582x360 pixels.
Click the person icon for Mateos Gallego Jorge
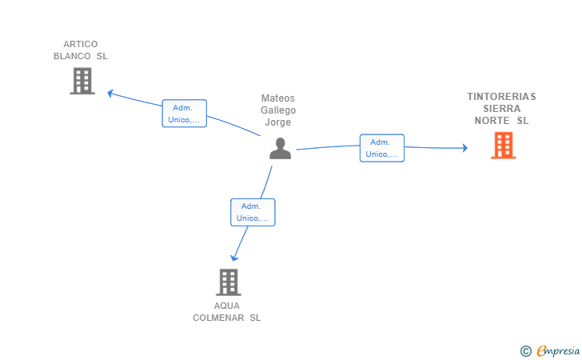click(x=281, y=148)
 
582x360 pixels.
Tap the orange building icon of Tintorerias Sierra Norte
click(x=504, y=146)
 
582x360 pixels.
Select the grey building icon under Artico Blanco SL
click(x=82, y=81)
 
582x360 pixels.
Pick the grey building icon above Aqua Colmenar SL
click(x=229, y=282)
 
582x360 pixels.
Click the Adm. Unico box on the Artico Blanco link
click(x=185, y=114)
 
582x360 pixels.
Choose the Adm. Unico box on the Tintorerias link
click(x=382, y=148)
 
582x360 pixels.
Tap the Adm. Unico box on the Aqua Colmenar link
click(x=253, y=212)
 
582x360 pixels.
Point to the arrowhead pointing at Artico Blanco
click(x=110, y=94)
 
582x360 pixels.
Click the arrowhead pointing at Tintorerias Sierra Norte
click(x=464, y=148)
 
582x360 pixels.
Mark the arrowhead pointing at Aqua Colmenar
click(x=233, y=258)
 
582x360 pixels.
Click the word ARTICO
click(x=81, y=44)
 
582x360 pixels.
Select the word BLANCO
click(x=72, y=56)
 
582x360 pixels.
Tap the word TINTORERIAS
click(x=501, y=97)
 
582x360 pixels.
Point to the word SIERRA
click(x=502, y=109)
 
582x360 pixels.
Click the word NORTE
click(x=492, y=121)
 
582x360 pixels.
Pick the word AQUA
click(x=227, y=306)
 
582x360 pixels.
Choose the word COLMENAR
click(x=218, y=318)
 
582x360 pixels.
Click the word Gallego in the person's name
click(x=278, y=110)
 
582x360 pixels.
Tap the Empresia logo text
click(x=558, y=350)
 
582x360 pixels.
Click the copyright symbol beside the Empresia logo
click(x=525, y=351)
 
